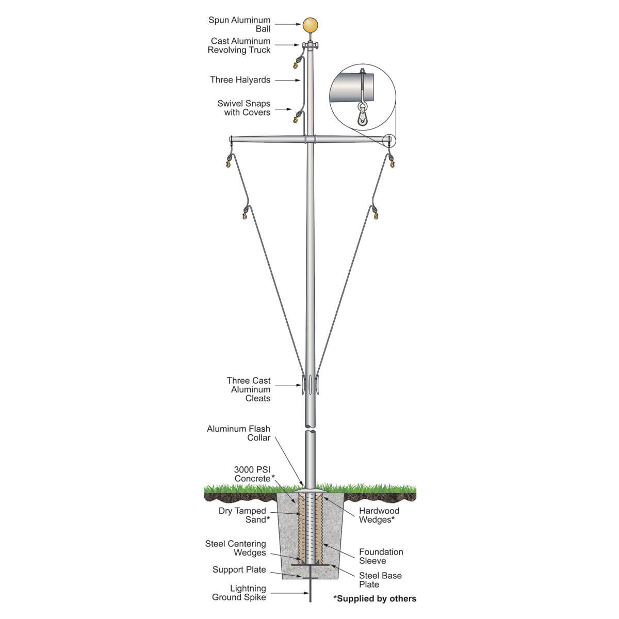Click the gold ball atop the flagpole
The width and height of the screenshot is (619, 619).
coord(311,25)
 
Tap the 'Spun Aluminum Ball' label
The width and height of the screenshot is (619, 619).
coord(239,24)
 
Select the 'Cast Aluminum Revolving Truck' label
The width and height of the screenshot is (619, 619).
coord(239,45)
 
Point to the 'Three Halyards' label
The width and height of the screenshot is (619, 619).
coord(240,80)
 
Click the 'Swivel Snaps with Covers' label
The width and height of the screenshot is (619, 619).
coord(244,108)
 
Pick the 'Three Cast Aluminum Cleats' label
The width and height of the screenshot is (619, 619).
coord(249,389)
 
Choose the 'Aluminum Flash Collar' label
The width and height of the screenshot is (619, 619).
coord(238,433)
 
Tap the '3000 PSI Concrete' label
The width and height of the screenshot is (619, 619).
coord(253,474)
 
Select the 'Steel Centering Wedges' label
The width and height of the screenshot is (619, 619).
coord(236,548)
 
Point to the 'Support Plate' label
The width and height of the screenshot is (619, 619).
coord(239,569)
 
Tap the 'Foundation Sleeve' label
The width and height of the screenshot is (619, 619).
coord(381,556)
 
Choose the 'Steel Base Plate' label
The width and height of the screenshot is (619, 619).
coord(380,580)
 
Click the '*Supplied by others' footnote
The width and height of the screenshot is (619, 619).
coord(374,598)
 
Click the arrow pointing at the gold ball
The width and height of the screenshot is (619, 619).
coord(287,24)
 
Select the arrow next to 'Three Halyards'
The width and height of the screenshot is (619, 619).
coord(287,80)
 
